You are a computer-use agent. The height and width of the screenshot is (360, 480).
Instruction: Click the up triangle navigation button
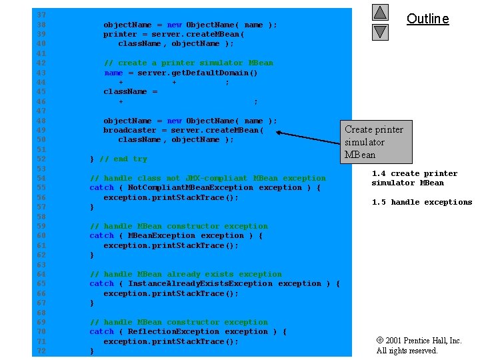coord(379,13)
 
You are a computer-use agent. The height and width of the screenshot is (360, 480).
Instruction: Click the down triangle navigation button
coord(379,31)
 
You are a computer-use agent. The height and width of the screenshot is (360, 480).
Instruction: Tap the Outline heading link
coord(427,19)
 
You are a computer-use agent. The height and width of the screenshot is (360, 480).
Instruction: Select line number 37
coord(41,15)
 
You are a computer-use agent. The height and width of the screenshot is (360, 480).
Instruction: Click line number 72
coord(41,351)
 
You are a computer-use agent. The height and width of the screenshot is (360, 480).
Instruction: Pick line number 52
coord(41,159)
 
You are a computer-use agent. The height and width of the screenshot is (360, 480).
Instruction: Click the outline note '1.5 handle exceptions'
coord(421,202)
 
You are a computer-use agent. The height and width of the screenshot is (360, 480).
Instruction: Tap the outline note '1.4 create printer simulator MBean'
coord(414,178)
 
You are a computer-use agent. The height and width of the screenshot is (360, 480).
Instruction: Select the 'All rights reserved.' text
coord(407,351)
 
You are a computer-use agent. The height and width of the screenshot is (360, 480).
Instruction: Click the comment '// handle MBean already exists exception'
coord(185,274)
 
